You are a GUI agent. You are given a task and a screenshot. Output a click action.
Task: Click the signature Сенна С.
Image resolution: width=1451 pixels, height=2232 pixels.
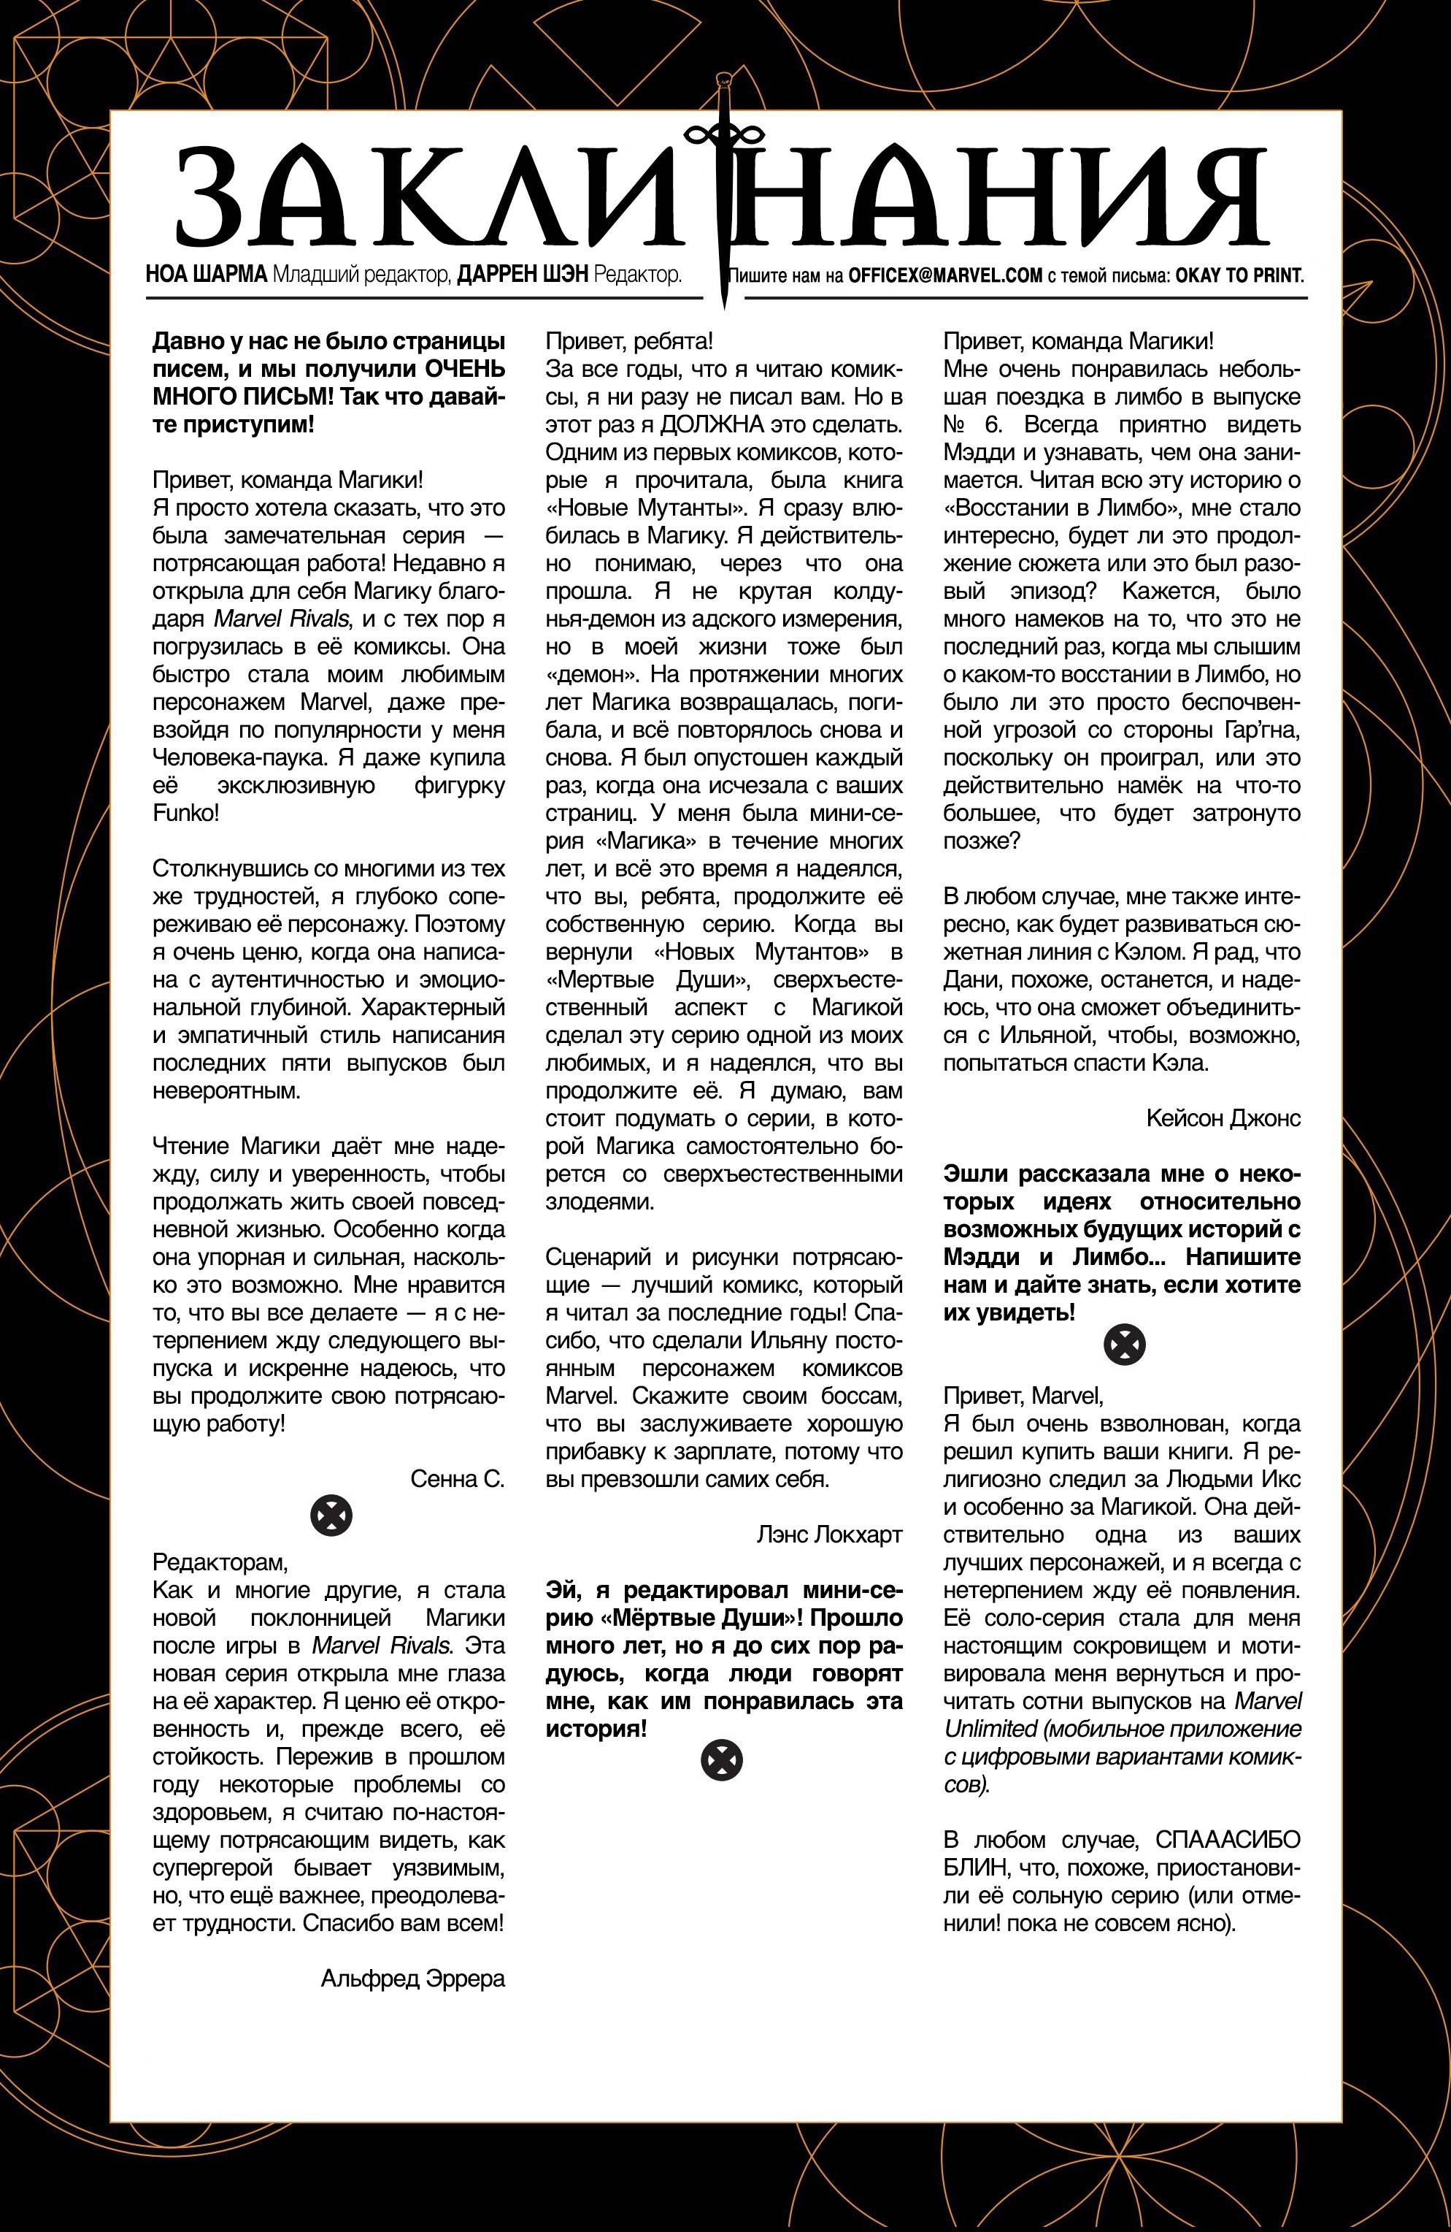(458, 1479)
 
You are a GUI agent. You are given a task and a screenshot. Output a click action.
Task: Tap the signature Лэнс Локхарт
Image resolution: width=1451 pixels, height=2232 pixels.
(830, 1561)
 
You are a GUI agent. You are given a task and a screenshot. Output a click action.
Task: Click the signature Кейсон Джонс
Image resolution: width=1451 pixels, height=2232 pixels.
(1223, 1118)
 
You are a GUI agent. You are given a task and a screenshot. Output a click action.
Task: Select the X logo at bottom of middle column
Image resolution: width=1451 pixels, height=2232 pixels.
(721, 1762)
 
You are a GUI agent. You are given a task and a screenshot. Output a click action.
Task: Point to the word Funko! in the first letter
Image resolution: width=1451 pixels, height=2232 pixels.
(185, 812)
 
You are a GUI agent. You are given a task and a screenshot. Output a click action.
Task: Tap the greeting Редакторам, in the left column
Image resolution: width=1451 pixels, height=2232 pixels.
(221, 1562)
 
